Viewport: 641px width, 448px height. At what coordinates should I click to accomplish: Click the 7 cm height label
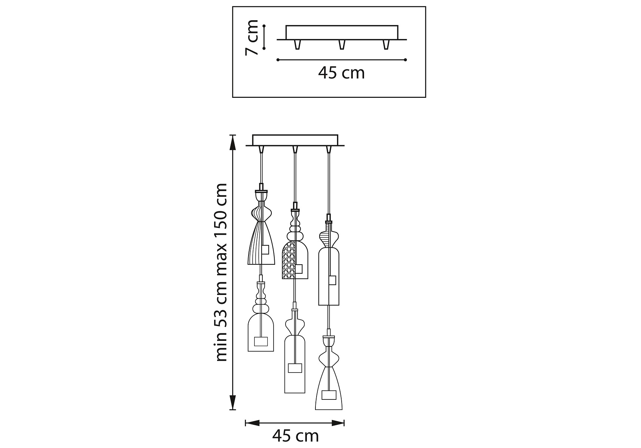251,37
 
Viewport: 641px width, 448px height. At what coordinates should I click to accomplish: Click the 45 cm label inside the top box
341,73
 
